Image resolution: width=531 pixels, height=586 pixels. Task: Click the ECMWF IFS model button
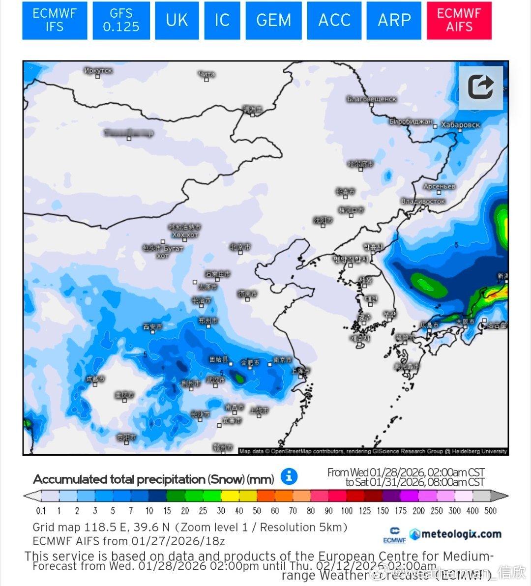(x=55, y=20)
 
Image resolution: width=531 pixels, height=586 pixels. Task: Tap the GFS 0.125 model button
(x=121, y=20)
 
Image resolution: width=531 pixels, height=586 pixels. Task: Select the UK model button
(x=177, y=20)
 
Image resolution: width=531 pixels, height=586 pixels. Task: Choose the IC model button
(x=222, y=20)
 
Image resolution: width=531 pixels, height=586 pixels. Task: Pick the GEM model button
(x=273, y=20)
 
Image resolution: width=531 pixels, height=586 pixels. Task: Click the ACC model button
(x=334, y=20)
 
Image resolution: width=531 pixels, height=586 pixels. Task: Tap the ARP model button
(x=394, y=20)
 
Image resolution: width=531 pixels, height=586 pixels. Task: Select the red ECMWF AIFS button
(x=459, y=20)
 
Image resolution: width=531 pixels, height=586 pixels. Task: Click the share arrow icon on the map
(x=480, y=88)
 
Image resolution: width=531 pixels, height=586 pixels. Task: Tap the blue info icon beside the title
(x=289, y=476)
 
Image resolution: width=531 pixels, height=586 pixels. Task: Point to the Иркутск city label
(x=98, y=71)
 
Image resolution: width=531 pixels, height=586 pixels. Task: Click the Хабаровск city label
(x=460, y=125)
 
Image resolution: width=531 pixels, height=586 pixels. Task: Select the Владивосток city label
(x=423, y=201)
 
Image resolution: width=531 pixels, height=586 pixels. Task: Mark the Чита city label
(x=206, y=75)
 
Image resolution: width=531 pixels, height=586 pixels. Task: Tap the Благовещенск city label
(x=371, y=99)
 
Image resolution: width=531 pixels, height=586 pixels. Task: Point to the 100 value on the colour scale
(x=347, y=511)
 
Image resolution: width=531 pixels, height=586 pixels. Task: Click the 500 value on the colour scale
(x=490, y=511)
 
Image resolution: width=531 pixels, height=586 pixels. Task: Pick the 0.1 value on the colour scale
(x=41, y=511)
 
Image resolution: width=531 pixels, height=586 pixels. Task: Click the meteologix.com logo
(x=455, y=534)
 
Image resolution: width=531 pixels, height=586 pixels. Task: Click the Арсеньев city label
(x=440, y=187)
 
